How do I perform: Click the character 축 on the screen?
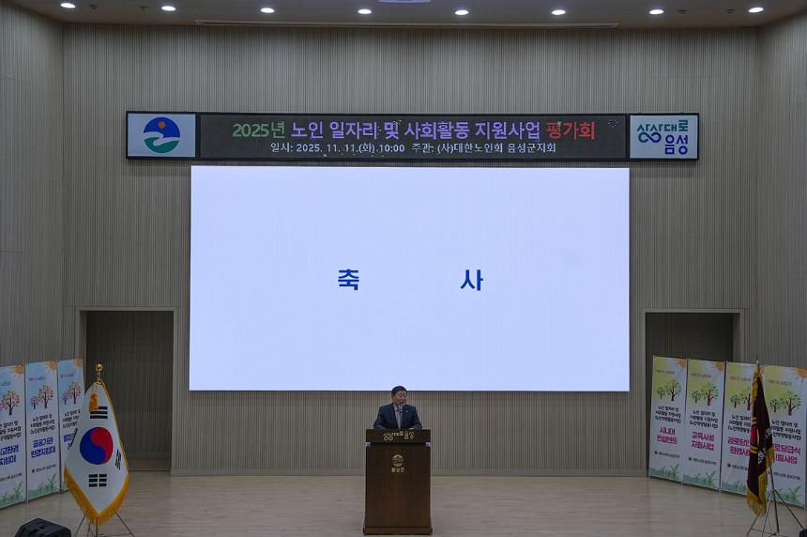tap(348, 280)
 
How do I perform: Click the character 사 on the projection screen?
tap(471, 280)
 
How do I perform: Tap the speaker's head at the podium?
tap(399, 394)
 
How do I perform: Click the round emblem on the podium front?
tap(398, 460)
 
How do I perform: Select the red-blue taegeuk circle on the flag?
tap(96, 446)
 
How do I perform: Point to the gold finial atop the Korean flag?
tap(99, 372)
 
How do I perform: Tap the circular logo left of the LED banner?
tap(161, 135)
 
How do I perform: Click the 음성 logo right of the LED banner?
tap(663, 136)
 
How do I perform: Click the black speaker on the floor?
tap(42, 528)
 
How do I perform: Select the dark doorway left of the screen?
tap(129, 385)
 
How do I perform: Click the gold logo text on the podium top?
tap(398, 436)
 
